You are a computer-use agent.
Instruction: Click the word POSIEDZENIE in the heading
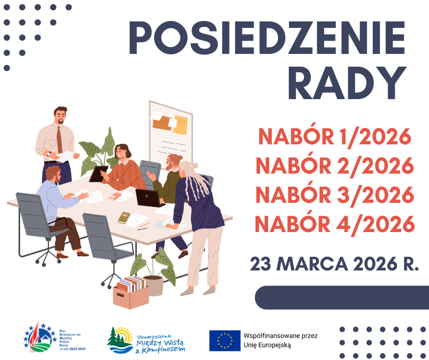(x=267, y=37)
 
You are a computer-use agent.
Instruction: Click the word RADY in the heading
(x=347, y=83)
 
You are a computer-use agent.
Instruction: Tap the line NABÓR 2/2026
(x=335, y=165)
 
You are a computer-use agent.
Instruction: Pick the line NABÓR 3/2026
(x=335, y=195)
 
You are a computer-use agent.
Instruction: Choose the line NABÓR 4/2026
(x=335, y=224)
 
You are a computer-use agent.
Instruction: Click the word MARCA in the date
(x=312, y=264)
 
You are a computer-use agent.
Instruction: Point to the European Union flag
(x=225, y=340)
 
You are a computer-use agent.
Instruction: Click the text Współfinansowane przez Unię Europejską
(x=280, y=340)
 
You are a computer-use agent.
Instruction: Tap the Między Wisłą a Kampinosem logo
(x=146, y=340)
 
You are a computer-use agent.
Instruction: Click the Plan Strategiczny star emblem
(x=38, y=338)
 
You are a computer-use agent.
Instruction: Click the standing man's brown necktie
(x=59, y=140)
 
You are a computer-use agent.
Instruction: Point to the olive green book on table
(x=124, y=217)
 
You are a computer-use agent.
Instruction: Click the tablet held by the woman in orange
(x=98, y=174)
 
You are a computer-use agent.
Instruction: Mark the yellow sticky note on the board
(x=181, y=125)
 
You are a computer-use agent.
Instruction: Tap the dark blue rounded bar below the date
(x=342, y=297)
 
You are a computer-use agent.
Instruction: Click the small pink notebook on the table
(x=115, y=196)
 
